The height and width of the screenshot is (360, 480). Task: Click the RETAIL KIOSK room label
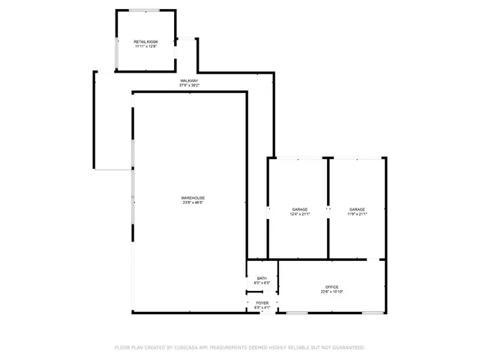click(146, 41)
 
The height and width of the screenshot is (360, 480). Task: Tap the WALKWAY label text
click(189, 80)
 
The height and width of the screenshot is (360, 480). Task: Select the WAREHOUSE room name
click(193, 197)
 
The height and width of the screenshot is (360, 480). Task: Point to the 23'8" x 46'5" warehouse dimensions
click(193, 202)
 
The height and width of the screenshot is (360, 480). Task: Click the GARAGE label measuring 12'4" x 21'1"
click(300, 209)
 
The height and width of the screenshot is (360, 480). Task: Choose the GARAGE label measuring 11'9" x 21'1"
click(357, 209)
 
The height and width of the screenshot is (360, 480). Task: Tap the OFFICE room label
click(331, 287)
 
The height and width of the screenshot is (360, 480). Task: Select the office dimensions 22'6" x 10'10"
click(331, 292)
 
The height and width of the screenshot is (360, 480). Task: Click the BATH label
click(262, 278)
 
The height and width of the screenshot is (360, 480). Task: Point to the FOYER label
click(262, 303)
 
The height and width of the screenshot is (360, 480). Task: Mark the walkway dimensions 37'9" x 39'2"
click(189, 85)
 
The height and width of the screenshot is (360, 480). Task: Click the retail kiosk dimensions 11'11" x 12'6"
click(146, 46)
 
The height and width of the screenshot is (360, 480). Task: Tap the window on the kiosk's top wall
click(147, 10)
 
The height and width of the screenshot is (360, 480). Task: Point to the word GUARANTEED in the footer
click(346, 347)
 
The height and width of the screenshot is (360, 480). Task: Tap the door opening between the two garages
click(328, 210)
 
